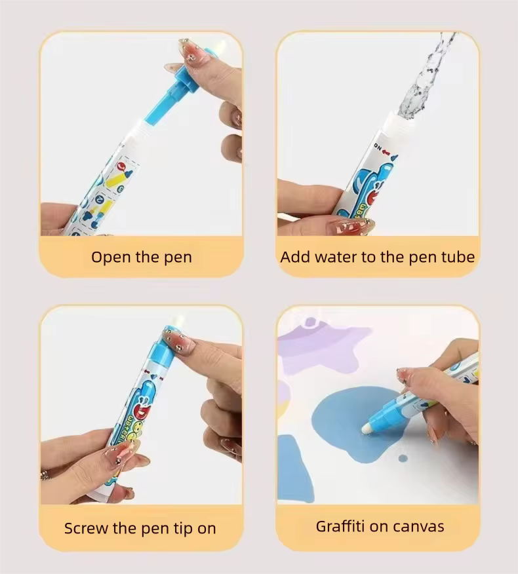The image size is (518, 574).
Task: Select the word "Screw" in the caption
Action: [x=88, y=528]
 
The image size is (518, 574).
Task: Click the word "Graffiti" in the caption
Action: [x=344, y=526]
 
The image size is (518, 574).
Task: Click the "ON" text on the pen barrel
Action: [x=378, y=145]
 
